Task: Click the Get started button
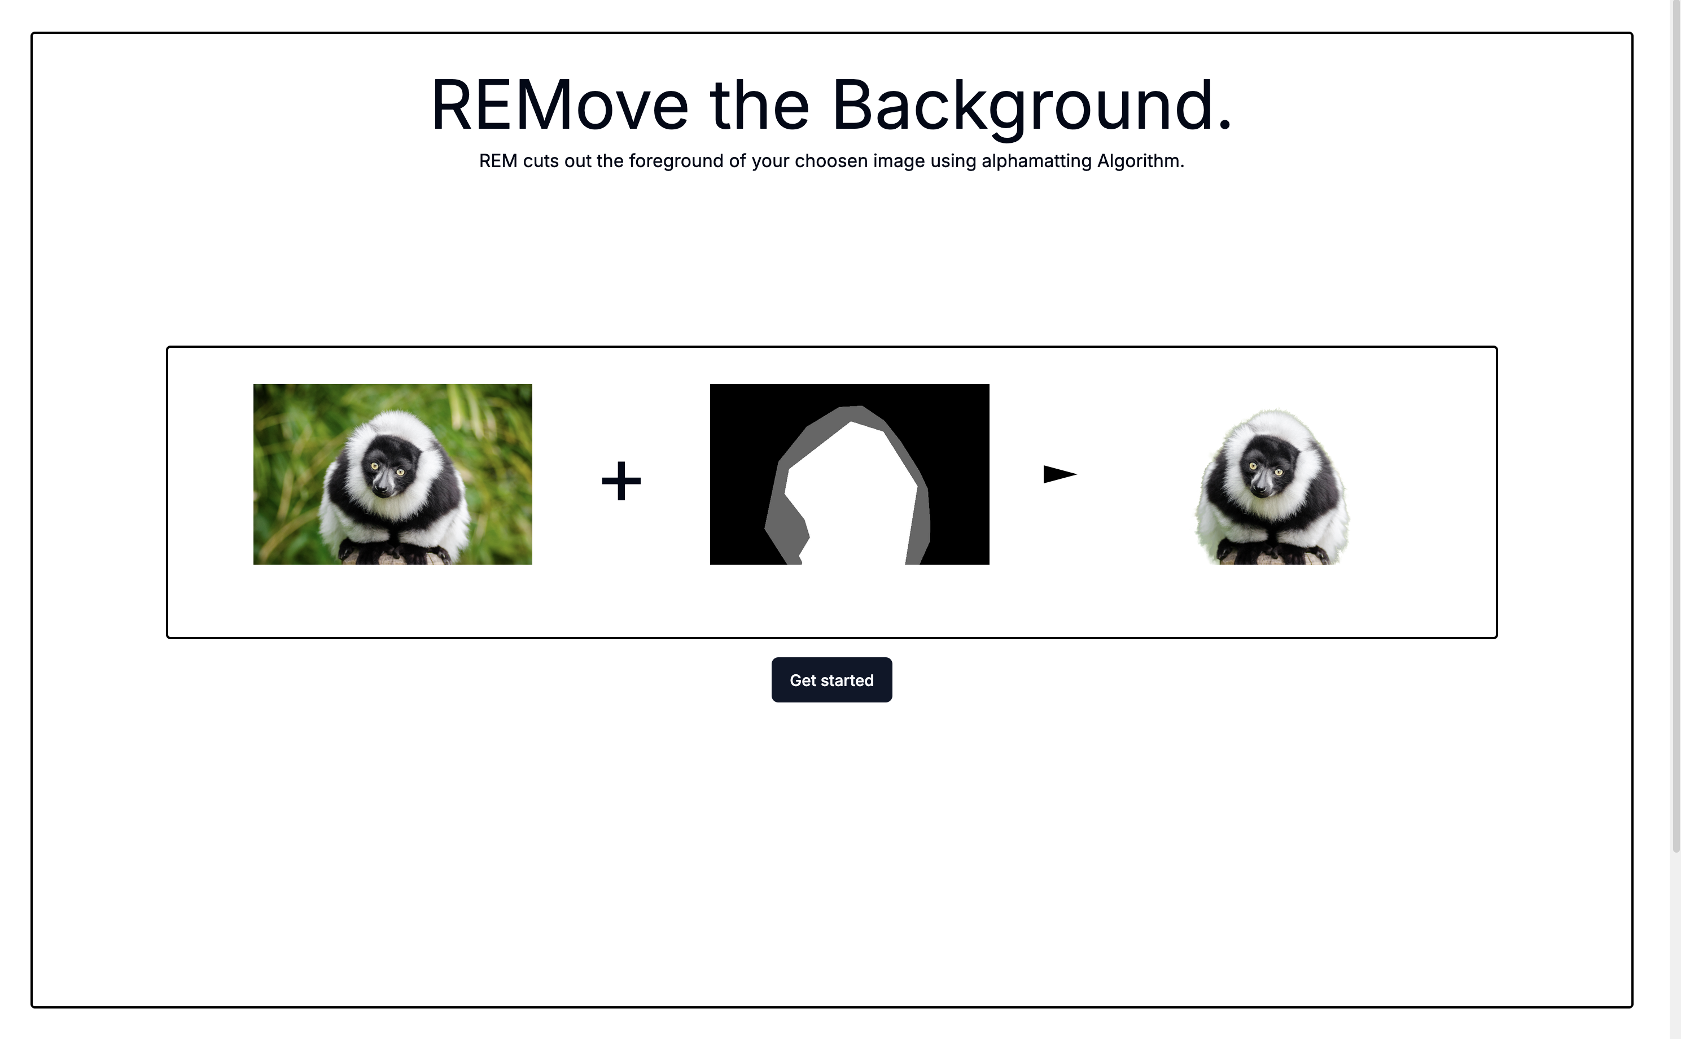831,680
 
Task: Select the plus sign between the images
621,481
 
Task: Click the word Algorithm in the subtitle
1140,161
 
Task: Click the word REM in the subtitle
498,161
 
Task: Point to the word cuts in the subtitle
541,161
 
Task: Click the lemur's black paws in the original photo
393,551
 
